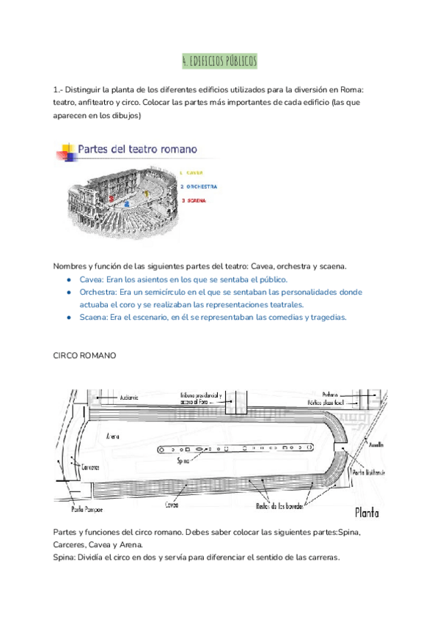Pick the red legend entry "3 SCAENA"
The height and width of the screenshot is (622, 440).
(x=194, y=200)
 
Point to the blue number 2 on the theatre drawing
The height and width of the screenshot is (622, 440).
(x=127, y=204)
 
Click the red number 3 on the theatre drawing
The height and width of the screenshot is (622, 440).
(x=110, y=198)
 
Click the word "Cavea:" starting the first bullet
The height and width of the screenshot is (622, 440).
(x=92, y=279)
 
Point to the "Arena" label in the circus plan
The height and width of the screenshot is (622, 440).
(x=114, y=436)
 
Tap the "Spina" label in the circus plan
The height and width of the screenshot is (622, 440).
(x=183, y=461)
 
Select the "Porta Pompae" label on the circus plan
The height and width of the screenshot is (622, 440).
(x=87, y=508)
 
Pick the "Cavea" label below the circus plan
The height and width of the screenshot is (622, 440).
(x=173, y=505)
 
